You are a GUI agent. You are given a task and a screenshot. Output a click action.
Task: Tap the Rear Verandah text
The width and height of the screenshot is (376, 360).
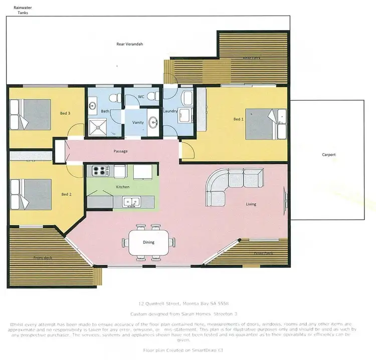(130, 44)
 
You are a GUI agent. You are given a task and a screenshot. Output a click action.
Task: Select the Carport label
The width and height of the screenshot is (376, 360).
(328, 155)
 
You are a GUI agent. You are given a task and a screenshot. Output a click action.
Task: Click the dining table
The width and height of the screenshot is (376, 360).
(148, 242)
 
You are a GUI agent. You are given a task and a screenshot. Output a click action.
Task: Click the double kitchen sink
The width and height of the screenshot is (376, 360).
(133, 202)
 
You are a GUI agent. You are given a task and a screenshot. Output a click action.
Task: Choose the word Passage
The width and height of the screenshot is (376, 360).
(120, 151)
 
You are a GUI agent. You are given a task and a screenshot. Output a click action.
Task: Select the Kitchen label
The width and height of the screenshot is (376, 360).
(122, 187)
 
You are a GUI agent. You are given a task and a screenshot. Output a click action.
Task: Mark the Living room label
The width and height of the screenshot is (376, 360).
(251, 204)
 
